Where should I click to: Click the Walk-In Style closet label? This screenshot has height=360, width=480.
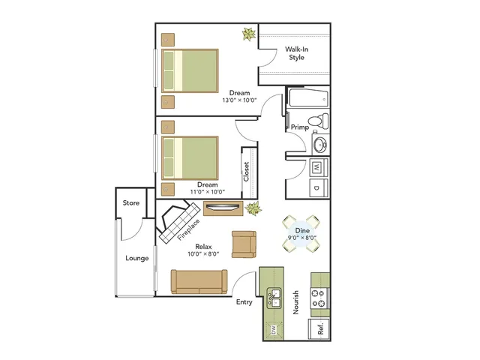(x=296, y=53)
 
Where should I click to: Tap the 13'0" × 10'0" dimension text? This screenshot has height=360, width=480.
(x=239, y=100)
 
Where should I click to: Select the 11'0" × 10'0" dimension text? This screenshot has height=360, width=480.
(x=208, y=192)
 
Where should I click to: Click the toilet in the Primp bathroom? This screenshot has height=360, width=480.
(x=318, y=121)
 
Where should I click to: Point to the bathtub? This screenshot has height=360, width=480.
(x=308, y=97)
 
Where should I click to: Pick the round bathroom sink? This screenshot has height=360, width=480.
(x=321, y=143)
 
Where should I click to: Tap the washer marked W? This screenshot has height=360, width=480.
(x=318, y=167)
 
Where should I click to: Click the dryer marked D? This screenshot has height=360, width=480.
(x=318, y=187)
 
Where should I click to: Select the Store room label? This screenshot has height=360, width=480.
(x=131, y=203)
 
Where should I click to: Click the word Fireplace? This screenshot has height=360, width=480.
(x=188, y=229)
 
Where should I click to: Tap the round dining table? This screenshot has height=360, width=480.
(x=301, y=233)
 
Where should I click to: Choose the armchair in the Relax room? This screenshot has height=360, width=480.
(x=244, y=244)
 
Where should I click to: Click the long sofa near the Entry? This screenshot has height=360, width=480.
(x=199, y=282)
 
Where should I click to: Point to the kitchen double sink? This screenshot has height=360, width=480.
(x=274, y=298)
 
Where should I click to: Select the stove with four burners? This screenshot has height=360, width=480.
(x=319, y=298)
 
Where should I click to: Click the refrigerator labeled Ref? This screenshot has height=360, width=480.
(x=319, y=328)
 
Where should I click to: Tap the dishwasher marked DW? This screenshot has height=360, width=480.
(x=273, y=330)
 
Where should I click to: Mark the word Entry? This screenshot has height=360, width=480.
(x=244, y=302)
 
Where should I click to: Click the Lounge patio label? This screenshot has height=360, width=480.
(x=136, y=258)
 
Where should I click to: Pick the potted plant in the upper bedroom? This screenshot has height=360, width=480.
(x=249, y=34)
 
